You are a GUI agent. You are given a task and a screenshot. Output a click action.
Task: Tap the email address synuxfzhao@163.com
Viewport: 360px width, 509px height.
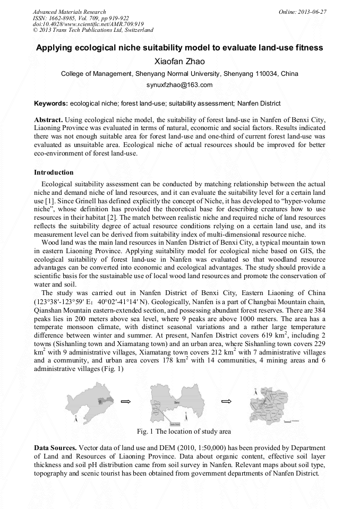[179, 85]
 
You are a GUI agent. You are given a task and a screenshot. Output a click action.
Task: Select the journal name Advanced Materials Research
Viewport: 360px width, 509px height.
[70, 12]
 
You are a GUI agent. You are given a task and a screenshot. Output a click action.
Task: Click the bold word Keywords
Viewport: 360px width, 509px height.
[50, 103]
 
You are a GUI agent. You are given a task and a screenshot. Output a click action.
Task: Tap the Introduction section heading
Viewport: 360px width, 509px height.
[54, 172]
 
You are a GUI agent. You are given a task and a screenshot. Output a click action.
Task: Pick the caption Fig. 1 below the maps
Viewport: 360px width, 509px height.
[183, 432]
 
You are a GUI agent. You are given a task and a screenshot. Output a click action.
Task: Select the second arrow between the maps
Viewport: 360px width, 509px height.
[226, 401]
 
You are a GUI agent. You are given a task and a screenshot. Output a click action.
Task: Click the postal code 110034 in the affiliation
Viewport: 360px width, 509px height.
[267, 74]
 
